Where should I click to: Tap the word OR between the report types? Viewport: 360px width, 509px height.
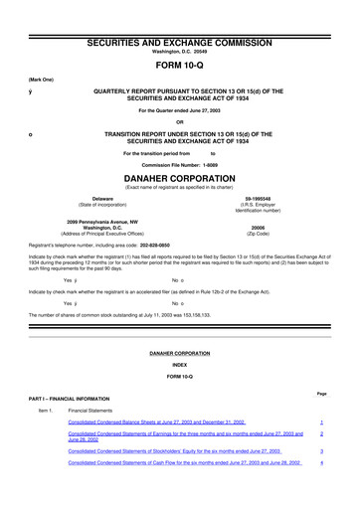(x=180, y=122)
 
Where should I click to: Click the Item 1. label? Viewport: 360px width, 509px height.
(x=45, y=411)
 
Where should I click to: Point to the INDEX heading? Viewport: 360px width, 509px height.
(x=180, y=365)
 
